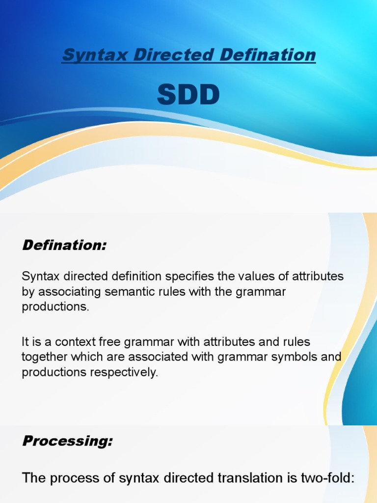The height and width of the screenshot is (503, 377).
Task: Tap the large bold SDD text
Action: tap(188, 96)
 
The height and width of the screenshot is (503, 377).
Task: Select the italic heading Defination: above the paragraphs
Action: tap(64, 246)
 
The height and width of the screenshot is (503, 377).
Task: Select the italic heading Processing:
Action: tap(68, 441)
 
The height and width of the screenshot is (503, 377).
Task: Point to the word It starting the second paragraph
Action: tap(26, 341)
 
